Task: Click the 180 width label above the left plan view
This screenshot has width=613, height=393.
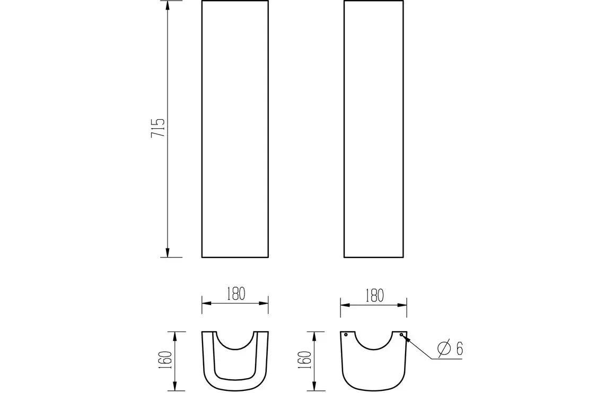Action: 235,293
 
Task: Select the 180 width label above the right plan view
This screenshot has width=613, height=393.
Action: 374,296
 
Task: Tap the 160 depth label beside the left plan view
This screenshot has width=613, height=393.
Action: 166,360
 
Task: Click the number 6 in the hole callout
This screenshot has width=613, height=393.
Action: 459,349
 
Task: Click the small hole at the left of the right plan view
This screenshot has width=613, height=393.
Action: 346,335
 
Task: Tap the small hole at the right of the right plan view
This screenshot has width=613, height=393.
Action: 401,335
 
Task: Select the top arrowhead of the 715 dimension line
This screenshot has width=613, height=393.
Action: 168,6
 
